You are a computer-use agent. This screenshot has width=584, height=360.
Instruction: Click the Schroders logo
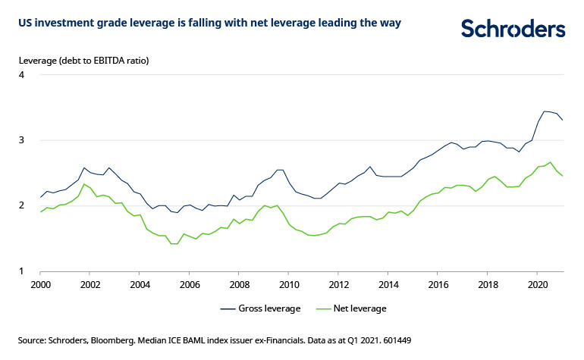(x=513, y=29)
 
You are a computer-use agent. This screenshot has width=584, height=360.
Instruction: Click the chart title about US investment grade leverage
(x=209, y=23)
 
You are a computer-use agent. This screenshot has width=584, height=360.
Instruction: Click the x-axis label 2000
(x=40, y=286)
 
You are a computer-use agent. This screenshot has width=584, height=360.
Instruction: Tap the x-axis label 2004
(x=140, y=286)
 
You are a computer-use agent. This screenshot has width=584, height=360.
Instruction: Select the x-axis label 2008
(x=239, y=286)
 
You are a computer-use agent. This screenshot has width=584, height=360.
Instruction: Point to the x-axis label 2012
(x=338, y=286)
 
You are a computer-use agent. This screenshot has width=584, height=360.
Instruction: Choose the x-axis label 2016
(x=438, y=286)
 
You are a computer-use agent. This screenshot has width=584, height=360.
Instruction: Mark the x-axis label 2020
(x=537, y=286)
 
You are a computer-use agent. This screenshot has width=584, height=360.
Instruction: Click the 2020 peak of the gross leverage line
(x=544, y=111)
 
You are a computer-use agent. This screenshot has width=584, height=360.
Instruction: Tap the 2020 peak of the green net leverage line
(x=551, y=161)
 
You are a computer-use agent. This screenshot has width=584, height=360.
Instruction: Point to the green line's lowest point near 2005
(x=173, y=244)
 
